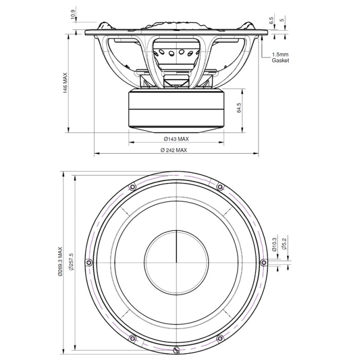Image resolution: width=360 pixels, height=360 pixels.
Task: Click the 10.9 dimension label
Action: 73,15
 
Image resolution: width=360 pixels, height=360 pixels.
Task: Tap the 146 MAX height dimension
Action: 65,83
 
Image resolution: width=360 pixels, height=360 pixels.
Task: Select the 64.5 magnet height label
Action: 239,107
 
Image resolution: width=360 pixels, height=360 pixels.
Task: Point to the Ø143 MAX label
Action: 176,139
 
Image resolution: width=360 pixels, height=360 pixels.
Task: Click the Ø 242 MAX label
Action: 174,150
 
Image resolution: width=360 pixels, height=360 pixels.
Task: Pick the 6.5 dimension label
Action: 272,21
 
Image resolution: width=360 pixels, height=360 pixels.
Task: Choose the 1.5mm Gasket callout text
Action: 280,58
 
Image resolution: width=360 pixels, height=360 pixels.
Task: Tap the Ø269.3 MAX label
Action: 60,261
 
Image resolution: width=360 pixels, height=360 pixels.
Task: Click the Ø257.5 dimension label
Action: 71,262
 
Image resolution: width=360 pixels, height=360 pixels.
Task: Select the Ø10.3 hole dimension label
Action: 274,244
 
